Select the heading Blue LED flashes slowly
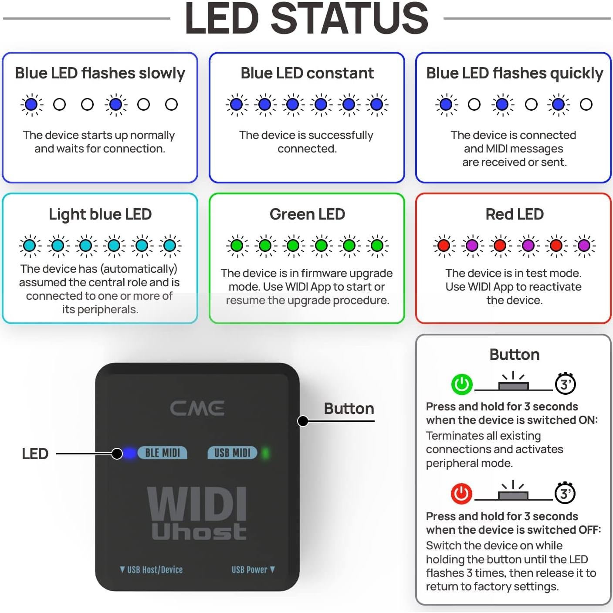tap(100, 73)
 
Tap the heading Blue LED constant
tap(307, 73)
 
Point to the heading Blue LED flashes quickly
tap(515, 73)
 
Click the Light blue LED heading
tap(100, 214)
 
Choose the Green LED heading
tap(307, 214)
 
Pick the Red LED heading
tap(515, 214)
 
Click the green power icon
tap(461, 384)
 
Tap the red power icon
tap(461, 494)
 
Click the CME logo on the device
tap(197, 408)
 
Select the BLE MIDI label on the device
tap(163, 453)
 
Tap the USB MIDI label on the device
tap(232, 453)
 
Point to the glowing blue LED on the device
tap(129, 454)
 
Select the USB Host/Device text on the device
tap(151, 570)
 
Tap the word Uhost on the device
tap(199, 532)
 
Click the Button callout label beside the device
tap(349, 409)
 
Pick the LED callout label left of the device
tap(35, 454)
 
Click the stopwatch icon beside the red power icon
tap(565, 493)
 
